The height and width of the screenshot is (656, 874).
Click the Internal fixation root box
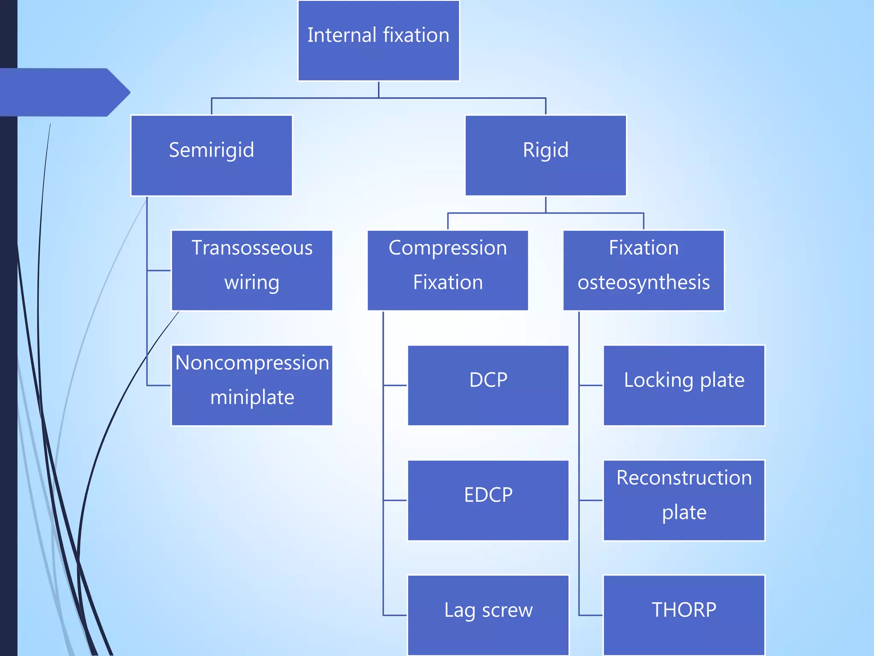pyautogui.click(x=378, y=41)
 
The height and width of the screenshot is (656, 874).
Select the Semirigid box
pyautogui.click(x=211, y=155)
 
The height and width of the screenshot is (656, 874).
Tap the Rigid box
pyautogui.click(x=545, y=155)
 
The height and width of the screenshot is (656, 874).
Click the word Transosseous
pyautogui.click(x=252, y=248)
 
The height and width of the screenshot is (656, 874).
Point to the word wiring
pyautogui.click(x=252, y=283)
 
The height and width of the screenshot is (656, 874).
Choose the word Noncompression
pyautogui.click(x=252, y=363)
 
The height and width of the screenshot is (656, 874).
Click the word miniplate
pyautogui.click(x=252, y=397)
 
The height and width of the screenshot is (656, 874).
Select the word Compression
pyautogui.click(x=448, y=248)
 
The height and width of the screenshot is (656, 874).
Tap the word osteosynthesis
pyautogui.click(x=643, y=283)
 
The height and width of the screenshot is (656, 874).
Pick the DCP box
pyautogui.click(x=488, y=385)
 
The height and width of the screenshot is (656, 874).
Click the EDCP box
pyautogui.click(x=488, y=500)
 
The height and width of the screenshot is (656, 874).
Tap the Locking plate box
pyautogui.click(x=684, y=385)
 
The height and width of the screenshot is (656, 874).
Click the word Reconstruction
pyautogui.click(x=684, y=477)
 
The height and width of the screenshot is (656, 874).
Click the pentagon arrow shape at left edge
pyautogui.click(x=64, y=92)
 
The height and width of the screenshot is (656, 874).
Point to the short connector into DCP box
pyautogui.click(x=395, y=385)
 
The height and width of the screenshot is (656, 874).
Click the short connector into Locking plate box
pyautogui.click(x=591, y=385)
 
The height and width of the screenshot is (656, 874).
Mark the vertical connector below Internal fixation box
pyautogui.click(x=379, y=90)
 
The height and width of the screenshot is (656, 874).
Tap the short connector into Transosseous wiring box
pyautogui.click(x=159, y=270)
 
